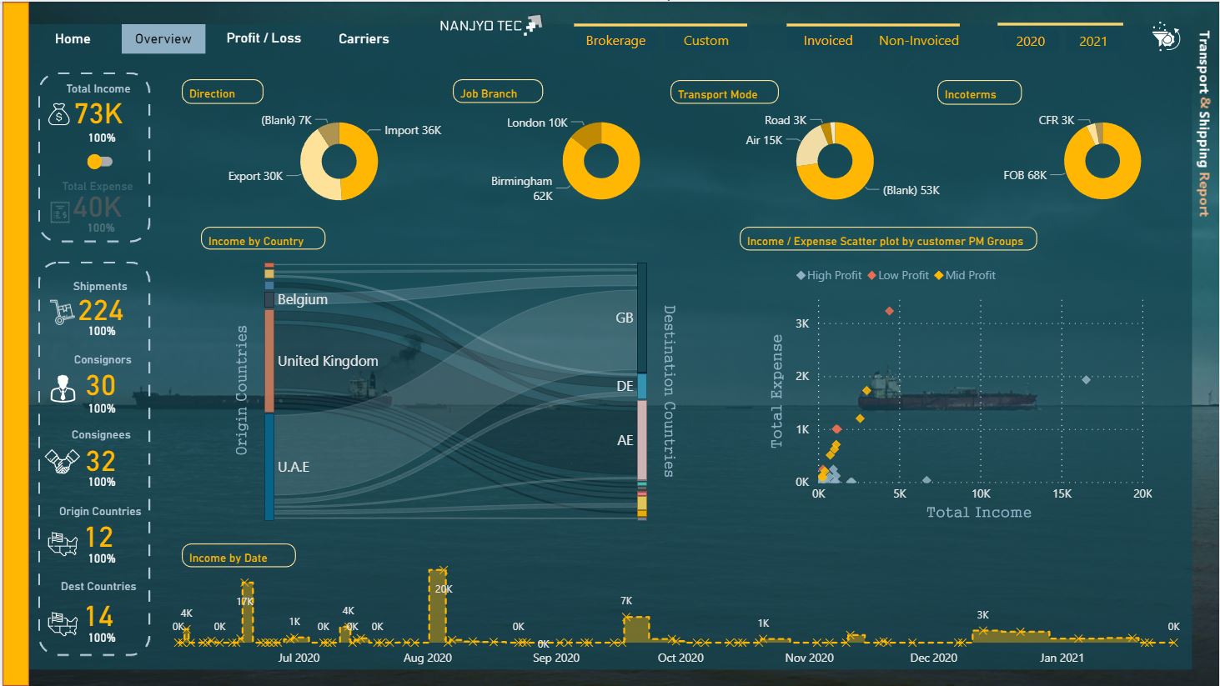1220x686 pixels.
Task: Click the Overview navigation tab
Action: click(x=163, y=39)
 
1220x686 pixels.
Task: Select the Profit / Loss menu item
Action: click(x=264, y=38)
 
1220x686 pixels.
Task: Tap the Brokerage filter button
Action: click(x=615, y=41)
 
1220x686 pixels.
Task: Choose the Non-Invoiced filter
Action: click(x=918, y=41)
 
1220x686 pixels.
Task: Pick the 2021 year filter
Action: click(x=1092, y=41)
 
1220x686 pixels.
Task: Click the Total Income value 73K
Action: click(x=98, y=113)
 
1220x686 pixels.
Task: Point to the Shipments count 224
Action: click(x=101, y=311)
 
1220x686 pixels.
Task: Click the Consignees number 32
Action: click(x=101, y=461)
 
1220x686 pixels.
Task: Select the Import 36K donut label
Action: click(x=413, y=130)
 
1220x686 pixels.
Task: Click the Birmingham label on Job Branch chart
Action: click(x=521, y=181)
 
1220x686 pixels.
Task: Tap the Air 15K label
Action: click(x=764, y=140)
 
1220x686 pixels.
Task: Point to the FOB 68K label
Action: click(x=1025, y=175)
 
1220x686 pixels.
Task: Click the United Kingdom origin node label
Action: click(x=328, y=361)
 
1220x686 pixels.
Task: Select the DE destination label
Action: click(x=625, y=386)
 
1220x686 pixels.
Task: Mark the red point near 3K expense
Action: click(x=890, y=311)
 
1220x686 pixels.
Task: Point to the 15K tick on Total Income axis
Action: click(x=1062, y=493)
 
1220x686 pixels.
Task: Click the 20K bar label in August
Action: click(x=444, y=589)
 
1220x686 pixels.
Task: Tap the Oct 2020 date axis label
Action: click(x=680, y=658)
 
